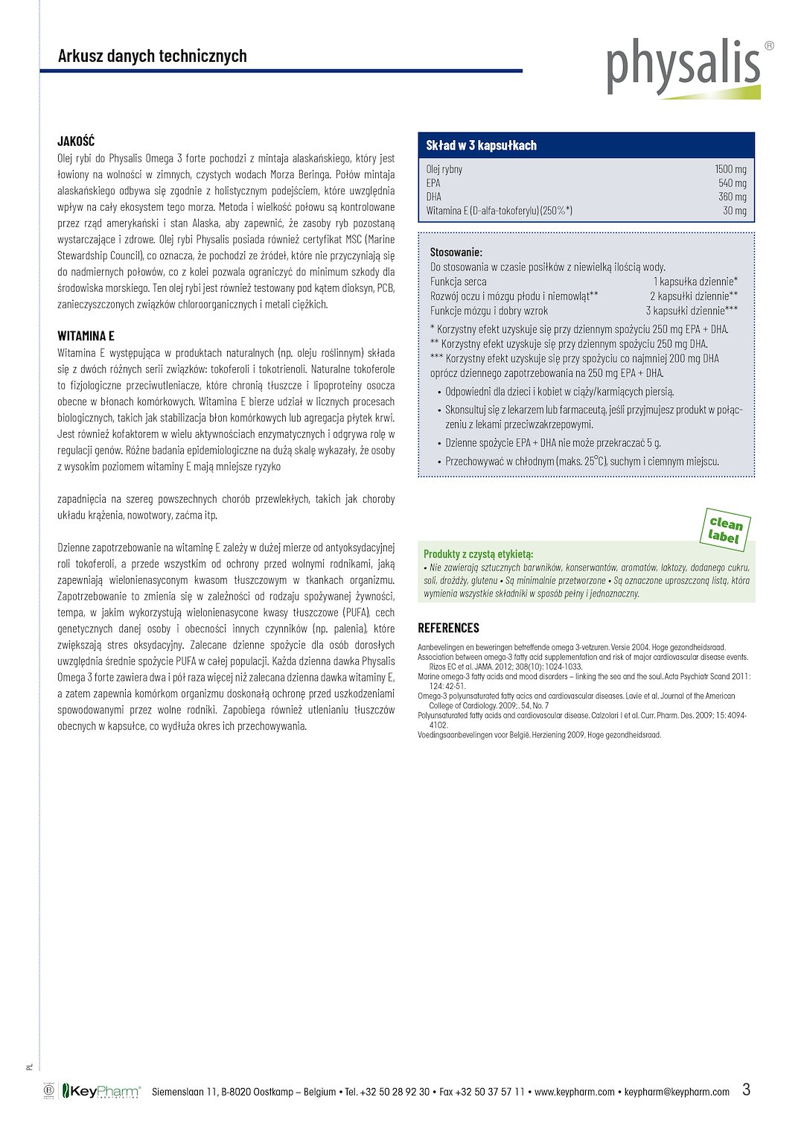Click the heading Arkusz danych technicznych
click(153, 57)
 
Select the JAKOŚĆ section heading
click(76, 142)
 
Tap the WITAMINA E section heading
click(86, 336)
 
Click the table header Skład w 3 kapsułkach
click(481, 145)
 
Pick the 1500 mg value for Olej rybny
click(730, 169)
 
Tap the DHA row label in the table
click(434, 197)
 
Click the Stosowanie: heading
click(456, 252)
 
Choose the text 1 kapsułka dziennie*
click(695, 282)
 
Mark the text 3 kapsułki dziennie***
click(692, 311)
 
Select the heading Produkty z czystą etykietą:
click(479, 554)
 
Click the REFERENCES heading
click(448, 628)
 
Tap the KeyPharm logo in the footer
click(101, 1092)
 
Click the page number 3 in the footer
click(746, 1090)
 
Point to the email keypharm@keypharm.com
click(677, 1093)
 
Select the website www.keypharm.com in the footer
click(575, 1093)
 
